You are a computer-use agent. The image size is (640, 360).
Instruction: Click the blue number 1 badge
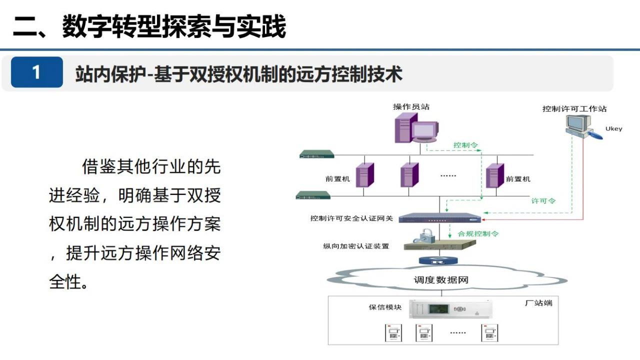point(37,72)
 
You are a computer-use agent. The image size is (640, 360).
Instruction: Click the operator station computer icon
point(416,127)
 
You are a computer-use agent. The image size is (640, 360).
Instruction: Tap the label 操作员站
point(411,107)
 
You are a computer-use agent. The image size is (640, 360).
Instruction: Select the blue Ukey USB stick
point(595,135)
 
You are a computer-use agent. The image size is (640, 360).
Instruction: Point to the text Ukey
point(613,129)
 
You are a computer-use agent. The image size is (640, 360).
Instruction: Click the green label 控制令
point(465,145)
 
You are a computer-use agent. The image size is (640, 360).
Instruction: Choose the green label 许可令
point(543,201)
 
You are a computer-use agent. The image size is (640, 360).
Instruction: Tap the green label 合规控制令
point(478,233)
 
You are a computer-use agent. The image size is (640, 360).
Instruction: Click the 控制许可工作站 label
point(574,109)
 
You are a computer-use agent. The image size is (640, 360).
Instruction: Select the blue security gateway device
point(439,218)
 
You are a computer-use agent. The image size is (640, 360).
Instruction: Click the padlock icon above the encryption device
point(424,236)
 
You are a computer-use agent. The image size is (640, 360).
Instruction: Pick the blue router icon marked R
point(438,260)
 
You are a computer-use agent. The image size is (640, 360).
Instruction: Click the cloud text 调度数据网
point(441,280)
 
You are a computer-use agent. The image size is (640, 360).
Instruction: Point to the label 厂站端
point(539,303)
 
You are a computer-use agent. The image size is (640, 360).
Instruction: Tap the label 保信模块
point(385,307)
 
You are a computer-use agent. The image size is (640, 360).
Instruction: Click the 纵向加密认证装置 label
point(356,246)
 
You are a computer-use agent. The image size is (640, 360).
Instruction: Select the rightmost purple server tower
point(495,175)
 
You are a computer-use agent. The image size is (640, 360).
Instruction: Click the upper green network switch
point(317,154)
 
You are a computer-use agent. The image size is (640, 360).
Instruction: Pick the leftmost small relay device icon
point(393,333)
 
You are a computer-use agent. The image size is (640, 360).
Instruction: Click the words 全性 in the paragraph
point(65,282)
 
